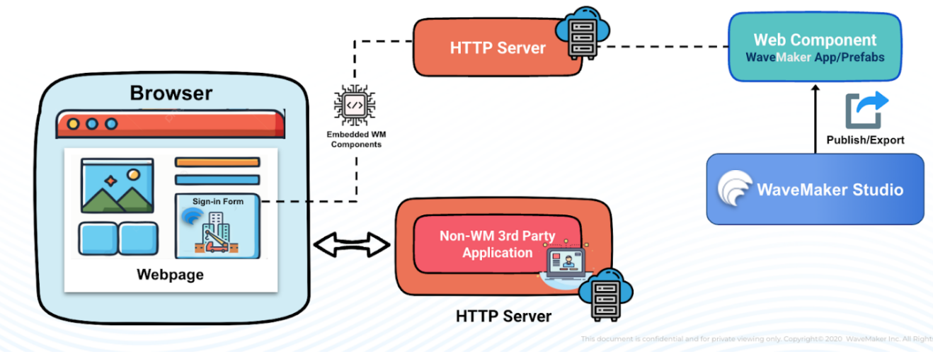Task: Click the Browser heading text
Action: pos(171,93)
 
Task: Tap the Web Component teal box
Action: pos(815,47)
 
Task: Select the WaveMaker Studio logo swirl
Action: pos(734,190)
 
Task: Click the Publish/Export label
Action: pos(865,140)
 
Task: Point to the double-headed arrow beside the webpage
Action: pos(351,245)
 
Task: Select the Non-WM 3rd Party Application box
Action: pos(497,244)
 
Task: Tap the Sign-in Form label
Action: pos(217,202)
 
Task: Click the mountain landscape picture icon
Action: pos(117,186)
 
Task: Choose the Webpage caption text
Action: pos(170,275)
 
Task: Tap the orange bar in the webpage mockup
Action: pos(217,162)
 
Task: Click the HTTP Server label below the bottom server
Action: pos(503,316)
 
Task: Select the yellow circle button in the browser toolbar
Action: pos(73,124)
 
